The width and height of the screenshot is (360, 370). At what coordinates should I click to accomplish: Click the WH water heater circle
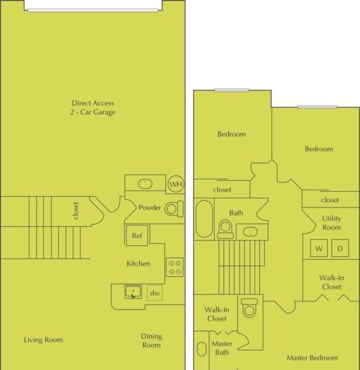(x=176, y=184)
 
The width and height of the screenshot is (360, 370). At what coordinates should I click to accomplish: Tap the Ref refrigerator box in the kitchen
(x=137, y=236)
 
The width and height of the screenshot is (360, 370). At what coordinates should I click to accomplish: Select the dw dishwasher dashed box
(x=155, y=293)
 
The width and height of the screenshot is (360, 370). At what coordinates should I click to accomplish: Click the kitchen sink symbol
(x=133, y=292)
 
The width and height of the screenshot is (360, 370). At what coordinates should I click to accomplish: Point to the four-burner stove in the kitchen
(x=175, y=267)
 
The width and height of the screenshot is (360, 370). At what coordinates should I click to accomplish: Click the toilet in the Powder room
(x=174, y=209)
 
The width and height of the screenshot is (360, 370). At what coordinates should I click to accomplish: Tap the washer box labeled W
(x=319, y=248)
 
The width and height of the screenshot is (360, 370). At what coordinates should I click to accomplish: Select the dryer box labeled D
(x=340, y=248)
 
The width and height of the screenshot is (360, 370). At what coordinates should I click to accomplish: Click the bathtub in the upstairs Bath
(x=204, y=219)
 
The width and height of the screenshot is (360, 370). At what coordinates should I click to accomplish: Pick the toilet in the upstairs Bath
(x=226, y=229)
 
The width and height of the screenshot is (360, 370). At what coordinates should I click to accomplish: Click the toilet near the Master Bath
(x=250, y=308)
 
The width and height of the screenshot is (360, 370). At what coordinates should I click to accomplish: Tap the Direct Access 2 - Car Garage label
(x=93, y=108)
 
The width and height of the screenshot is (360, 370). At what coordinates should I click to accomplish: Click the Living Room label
(x=43, y=340)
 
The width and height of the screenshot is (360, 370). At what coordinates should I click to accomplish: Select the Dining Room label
(x=152, y=341)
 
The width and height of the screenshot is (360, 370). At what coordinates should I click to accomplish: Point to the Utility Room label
(x=332, y=223)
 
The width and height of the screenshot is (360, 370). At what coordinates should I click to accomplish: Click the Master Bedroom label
(x=312, y=358)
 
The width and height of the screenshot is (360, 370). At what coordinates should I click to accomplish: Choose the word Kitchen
(x=139, y=263)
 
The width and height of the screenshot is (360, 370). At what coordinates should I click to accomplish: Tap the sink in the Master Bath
(x=202, y=349)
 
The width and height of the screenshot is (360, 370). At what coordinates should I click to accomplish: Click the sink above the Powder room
(x=145, y=184)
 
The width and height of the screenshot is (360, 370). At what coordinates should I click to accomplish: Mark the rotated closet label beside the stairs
(x=75, y=211)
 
